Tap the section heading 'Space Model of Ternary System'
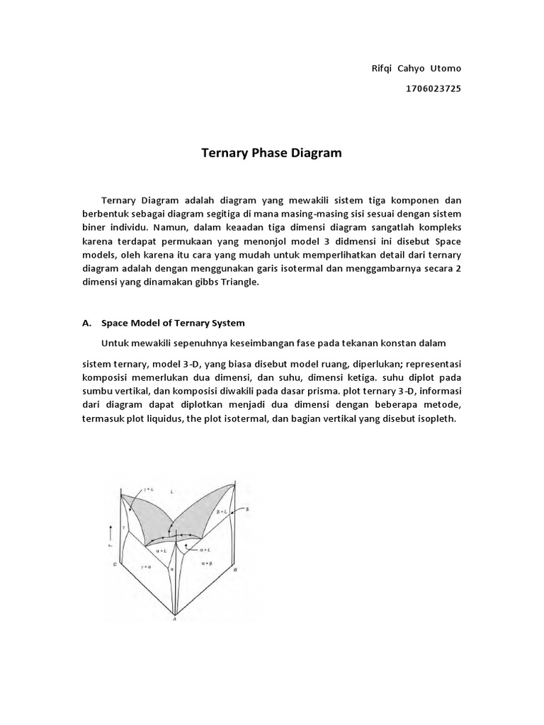(x=173, y=323)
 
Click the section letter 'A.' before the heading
(x=87, y=323)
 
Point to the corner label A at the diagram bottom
(x=174, y=620)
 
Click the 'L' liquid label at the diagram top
(x=171, y=490)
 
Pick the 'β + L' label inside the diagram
(x=220, y=510)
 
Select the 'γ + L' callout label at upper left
(x=147, y=489)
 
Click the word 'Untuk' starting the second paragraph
(x=115, y=343)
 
